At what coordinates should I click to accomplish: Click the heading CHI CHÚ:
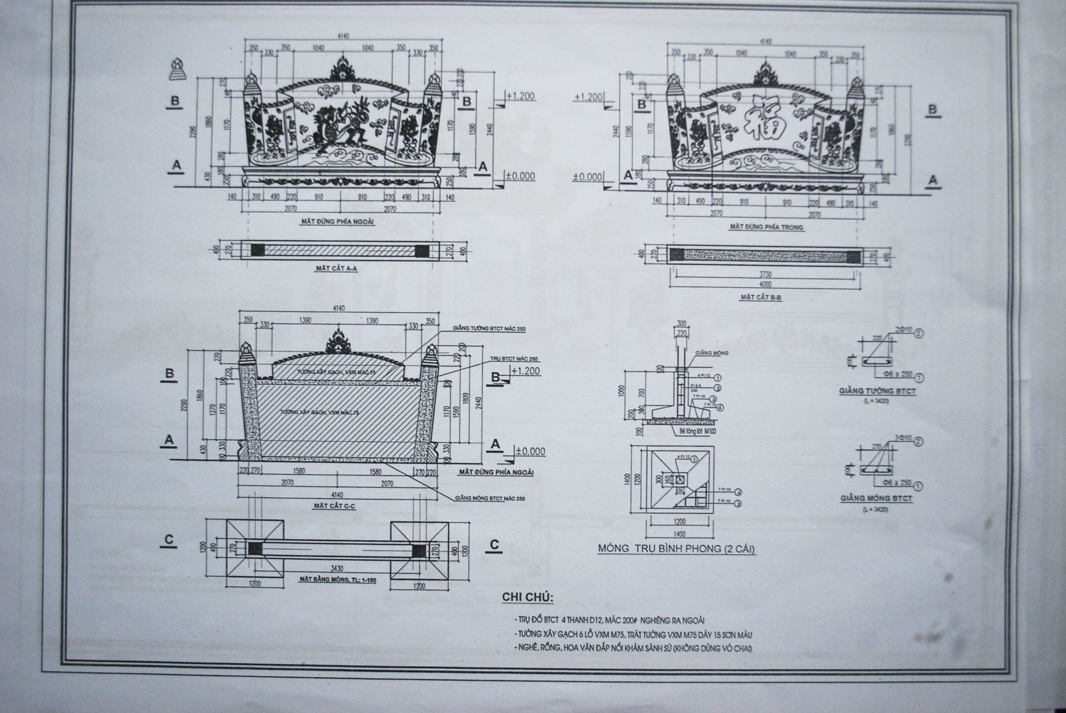coord(525,598)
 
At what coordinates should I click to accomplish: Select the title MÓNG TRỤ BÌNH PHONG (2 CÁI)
coord(676,549)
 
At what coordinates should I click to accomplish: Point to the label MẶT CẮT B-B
coord(761,298)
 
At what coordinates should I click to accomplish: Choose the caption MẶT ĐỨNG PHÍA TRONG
coord(766,227)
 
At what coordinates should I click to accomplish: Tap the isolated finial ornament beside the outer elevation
coord(177,70)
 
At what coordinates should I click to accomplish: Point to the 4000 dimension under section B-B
coord(765,284)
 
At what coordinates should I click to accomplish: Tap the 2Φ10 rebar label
coord(901,330)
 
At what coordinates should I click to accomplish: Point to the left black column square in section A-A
coord(258,251)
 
